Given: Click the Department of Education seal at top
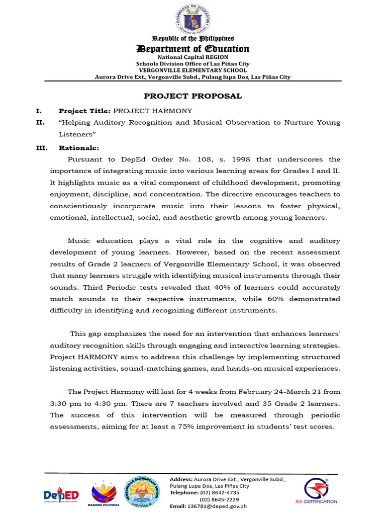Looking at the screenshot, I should click(x=193, y=20).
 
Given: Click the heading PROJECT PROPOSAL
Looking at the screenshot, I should click(x=193, y=96).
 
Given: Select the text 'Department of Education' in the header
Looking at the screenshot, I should click(x=193, y=49).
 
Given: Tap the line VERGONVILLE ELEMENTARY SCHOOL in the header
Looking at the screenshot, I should click(x=193, y=70).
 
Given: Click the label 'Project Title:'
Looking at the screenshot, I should click(x=84, y=111).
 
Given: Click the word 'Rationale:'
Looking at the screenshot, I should click(x=79, y=148).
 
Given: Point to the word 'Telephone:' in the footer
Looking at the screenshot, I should click(x=184, y=493).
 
